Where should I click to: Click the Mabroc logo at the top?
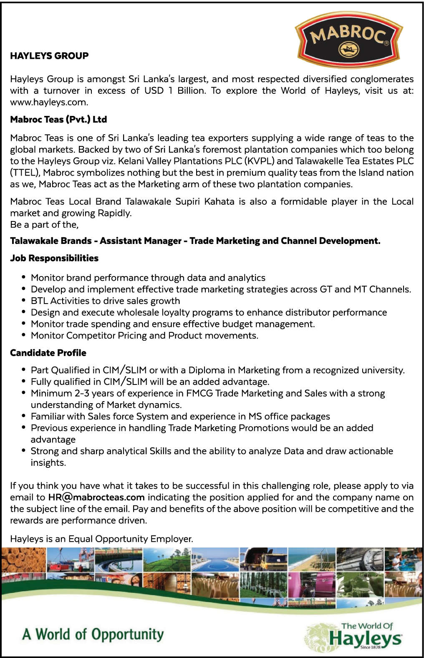(349, 39)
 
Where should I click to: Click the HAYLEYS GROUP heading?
(49, 56)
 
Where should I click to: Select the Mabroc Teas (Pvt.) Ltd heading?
(58, 120)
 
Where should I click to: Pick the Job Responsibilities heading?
(54, 259)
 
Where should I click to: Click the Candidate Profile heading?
(48, 353)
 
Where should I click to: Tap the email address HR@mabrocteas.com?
(96, 497)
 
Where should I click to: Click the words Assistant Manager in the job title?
(141, 241)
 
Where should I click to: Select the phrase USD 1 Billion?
(174, 91)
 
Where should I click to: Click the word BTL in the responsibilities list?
(39, 301)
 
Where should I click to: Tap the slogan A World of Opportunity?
(93, 634)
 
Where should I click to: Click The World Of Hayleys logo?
(355, 636)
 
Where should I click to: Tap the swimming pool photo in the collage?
(215, 560)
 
